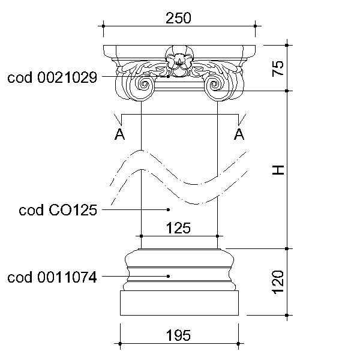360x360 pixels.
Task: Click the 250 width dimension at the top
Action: (x=178, y=18)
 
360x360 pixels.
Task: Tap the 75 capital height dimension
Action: (x=278, y=68)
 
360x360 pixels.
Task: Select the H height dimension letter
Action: (x=278, y=170)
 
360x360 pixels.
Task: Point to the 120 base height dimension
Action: (x=278, y=282)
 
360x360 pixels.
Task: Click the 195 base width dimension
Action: (x=178, y=335)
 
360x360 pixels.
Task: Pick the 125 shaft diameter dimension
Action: (x=178, y=228)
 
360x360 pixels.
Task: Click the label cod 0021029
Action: (x=52, y=77)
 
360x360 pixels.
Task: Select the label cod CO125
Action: (x=58, y=210)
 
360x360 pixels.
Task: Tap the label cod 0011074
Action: (x=52, y=277)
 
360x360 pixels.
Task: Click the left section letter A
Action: (x=119, y=134)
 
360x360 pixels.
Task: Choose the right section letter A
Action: (x=239, y=134)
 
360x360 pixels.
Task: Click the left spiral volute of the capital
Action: (x=144, y=85)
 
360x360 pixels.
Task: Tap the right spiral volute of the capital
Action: (x=214, y=85)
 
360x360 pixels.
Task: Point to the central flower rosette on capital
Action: (x=179, y=61)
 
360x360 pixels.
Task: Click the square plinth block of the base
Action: (x=179, y=303)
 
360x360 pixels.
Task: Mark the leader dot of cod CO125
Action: (x=168, y=209)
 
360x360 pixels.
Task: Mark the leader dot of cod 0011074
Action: (x=168, y=276)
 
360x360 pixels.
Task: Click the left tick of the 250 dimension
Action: (x=103, y=26)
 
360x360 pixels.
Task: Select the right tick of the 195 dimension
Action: (x=239, y=344)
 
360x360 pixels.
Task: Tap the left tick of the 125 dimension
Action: (x=141, y=236)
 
